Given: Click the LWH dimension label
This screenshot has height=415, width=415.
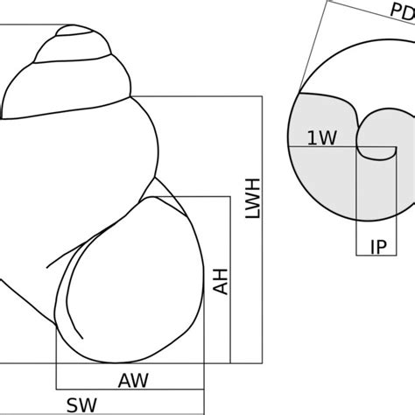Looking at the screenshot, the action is pyautogui.click(x=253, y=198).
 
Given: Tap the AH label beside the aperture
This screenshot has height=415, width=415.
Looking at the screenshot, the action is pyautogui.click(x=221, y=282).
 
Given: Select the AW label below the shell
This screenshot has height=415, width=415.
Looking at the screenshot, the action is pyautogui.click(x=133, y=381).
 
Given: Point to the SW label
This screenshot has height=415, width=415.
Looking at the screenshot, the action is pyautogui.click(x=81, y=405).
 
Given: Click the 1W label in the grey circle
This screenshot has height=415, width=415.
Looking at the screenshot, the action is pyautogui.click(x=322, y=137).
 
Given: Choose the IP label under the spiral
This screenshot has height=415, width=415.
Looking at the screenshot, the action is pyautogui.click(x=379, y=247).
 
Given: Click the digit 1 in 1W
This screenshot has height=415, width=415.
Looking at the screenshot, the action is pyautogui.click(x=312, y=137).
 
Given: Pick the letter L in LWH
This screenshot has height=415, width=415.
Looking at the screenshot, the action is pyautogui.click(x=253, y=214).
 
